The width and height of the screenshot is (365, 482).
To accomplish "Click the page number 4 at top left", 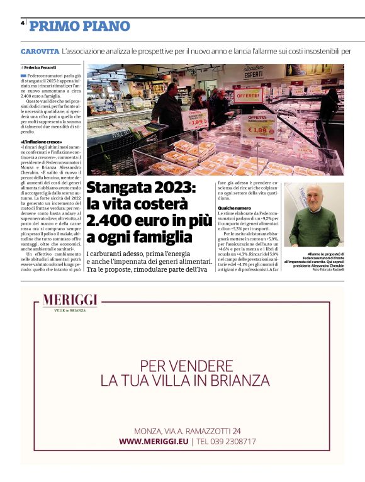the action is pyautogui.click(x=23, y=22).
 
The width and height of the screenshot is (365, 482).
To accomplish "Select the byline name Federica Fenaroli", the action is pyautogui.click(x=40, y=67).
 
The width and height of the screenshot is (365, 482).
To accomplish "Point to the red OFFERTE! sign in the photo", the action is pyautogui.click(x=249, y=96).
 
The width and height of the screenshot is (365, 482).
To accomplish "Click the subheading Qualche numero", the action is pyautogui.click(x=235, y=208).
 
